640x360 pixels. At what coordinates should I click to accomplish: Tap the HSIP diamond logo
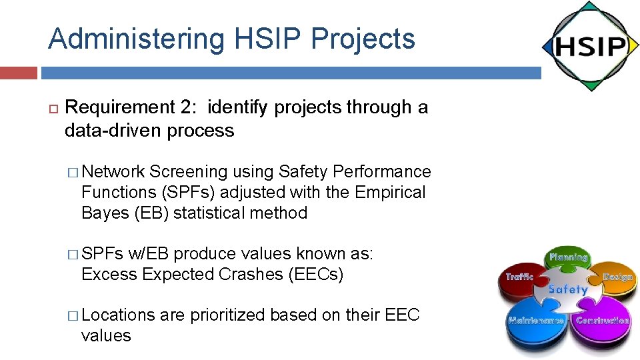(590, 47)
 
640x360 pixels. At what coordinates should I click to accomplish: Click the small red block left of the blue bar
(19, 73)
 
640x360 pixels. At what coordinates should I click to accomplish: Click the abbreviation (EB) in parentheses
(148, 213)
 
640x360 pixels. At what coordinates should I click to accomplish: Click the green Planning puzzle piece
(568, 261)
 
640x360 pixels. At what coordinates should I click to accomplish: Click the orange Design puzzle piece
(615, 280)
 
